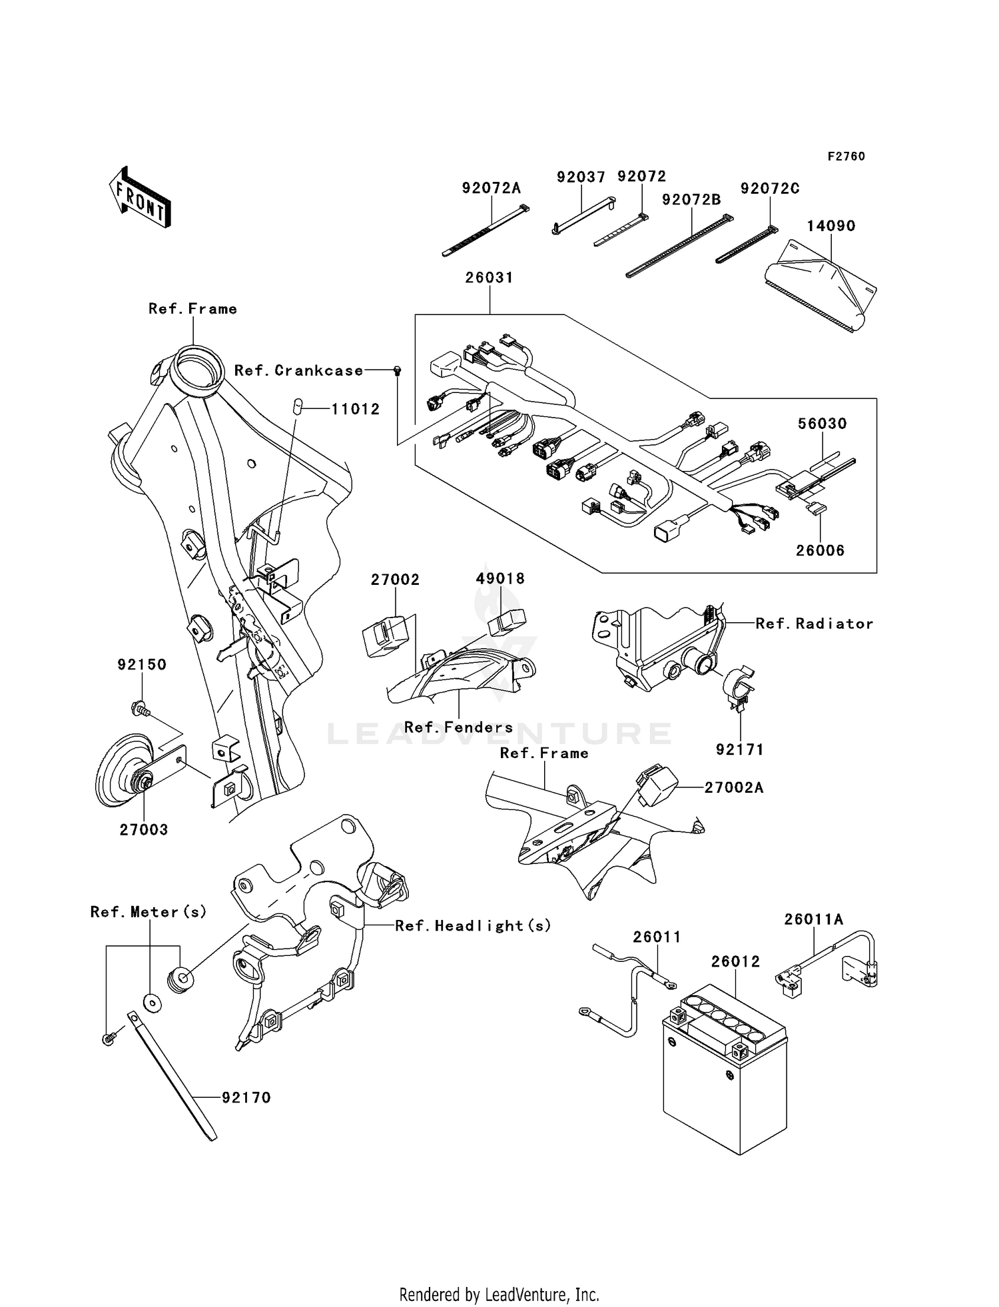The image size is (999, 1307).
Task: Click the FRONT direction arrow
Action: (x=140, y=199)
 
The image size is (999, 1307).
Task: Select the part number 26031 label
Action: (x=489, y=278)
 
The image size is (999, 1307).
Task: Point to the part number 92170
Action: (x=246, y=1098)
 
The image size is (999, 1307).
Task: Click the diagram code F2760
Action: (x=846, y=157)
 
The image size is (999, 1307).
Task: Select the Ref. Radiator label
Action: (x=814, y=624)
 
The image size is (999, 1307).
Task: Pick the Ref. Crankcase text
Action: (x=298, y=370)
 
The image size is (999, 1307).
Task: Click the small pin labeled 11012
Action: (x=300, y=406)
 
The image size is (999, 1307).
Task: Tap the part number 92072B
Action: (x=691, y=199)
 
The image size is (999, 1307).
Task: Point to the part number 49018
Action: (x=500, y=579)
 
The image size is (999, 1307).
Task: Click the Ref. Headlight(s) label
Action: (x=473, y=925)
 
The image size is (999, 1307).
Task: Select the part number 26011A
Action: (x=813, y=919)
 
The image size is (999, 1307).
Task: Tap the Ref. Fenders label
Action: (x=458, y=727)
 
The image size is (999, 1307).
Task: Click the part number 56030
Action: (x=822, y=424)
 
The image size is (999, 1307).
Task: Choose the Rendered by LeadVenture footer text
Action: (x=499, y=1294)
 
